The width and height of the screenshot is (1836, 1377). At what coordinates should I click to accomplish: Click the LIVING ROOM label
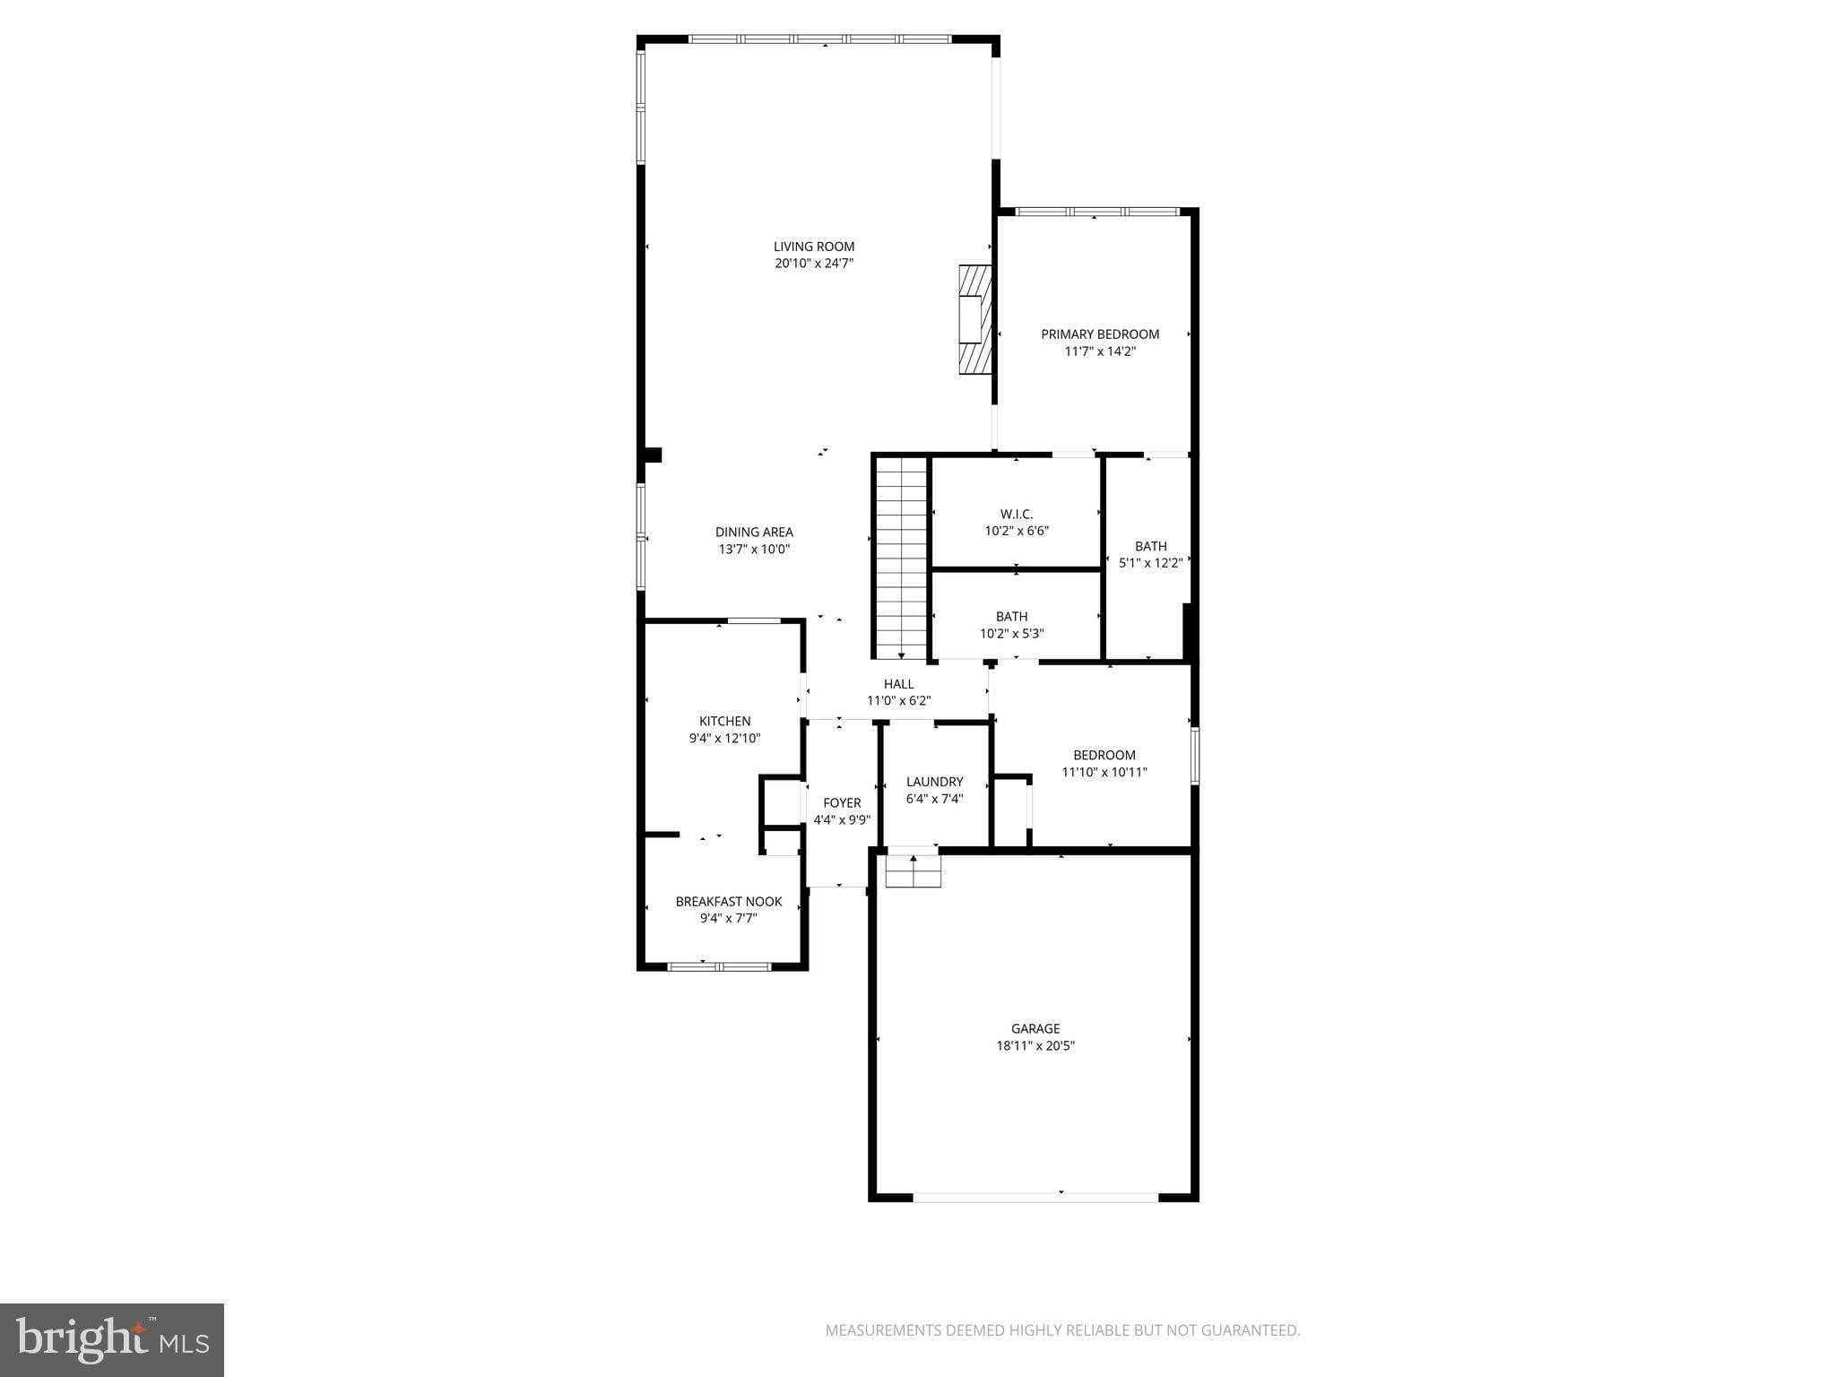click(814, 247)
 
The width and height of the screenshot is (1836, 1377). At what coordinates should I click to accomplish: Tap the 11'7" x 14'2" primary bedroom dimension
click(1100, 351)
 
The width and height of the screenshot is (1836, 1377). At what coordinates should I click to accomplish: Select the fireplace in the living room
click(975, 319)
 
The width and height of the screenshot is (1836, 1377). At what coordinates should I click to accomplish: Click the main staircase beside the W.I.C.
click(901, 558)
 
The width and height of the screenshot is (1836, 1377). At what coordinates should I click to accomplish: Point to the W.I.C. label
click(1017, 514)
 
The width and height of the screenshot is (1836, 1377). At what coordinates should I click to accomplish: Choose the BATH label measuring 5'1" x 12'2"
click(1150, 546)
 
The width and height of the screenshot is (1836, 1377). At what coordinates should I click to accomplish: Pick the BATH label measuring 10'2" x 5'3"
click(1011, 617)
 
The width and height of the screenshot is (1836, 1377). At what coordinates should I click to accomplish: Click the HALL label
click(898, 684)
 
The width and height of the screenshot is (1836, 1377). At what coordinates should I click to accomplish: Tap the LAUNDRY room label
click(934, 782)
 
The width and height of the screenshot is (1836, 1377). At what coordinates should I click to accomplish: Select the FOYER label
click(842, 803)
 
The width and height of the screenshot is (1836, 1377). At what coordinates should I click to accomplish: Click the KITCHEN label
click(724, 721)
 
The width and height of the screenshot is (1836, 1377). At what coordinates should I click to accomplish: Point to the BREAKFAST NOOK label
click(728, 902)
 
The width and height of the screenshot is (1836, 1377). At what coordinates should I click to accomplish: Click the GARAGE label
click(1035, 1029)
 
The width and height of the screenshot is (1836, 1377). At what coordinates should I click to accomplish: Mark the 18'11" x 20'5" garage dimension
click(1035, 1045)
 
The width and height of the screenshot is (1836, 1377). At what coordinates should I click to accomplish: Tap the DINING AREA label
click(754, 532)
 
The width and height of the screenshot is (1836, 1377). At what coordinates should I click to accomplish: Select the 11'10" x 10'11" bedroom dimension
click(1104, 772)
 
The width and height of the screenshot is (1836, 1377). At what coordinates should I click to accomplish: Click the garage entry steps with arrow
click(914, 870)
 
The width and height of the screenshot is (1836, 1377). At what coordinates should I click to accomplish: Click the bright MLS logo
click(112, 1340)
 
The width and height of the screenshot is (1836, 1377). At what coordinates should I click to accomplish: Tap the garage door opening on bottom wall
click(1035, 1196)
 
